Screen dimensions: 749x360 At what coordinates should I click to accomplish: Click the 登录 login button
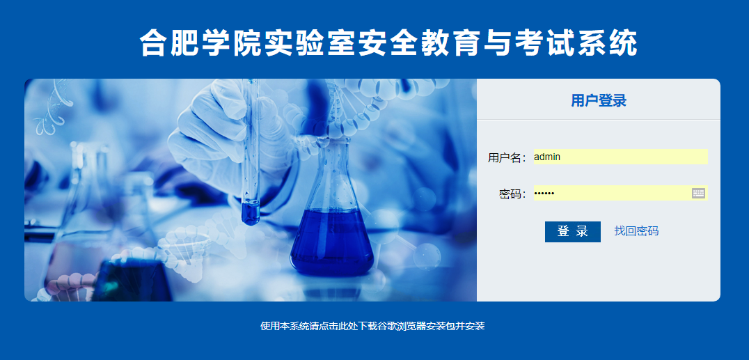[x=573, y=231]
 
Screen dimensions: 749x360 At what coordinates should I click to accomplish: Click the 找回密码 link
[x=636, y=231]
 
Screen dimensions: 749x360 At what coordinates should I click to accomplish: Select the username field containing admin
[x=620, y=157]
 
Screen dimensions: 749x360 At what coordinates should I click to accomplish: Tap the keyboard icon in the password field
[x=698, y=193]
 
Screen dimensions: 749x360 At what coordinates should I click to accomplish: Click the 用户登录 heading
[x=599, y=100]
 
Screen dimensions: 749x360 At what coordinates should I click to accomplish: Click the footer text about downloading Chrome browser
[x=372, y=326]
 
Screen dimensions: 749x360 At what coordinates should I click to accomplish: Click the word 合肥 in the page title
[x=171, y=43]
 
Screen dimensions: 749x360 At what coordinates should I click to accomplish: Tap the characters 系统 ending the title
[x=608, y=43]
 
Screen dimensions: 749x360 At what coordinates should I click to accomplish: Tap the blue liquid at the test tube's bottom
[x=251, y=213]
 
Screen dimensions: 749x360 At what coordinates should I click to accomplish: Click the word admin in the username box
[x=547, y=157]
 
